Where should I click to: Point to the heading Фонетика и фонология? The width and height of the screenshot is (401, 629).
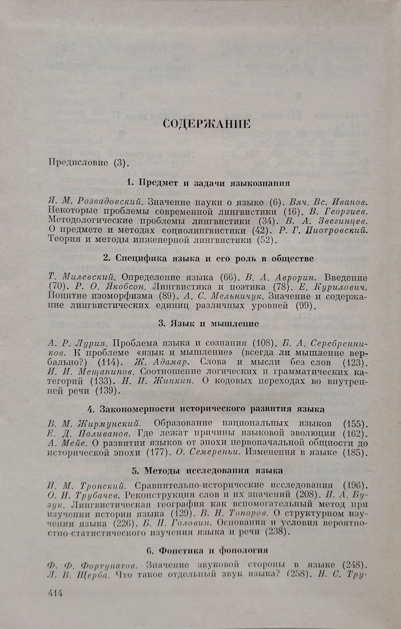click(212, 551)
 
